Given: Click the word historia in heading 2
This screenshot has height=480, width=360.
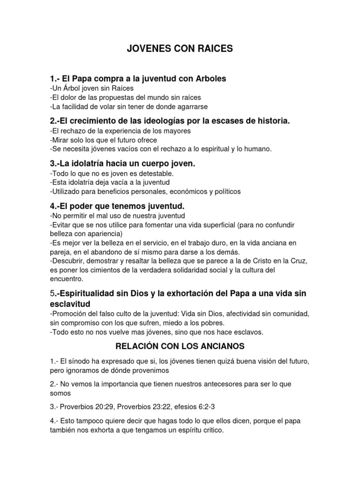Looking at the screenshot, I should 273,121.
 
